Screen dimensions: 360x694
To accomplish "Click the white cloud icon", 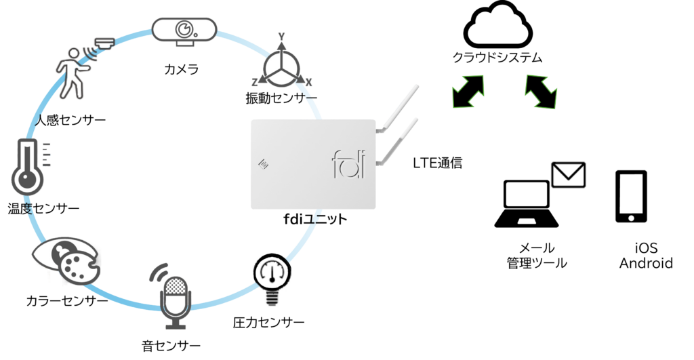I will click(x=497, y=26).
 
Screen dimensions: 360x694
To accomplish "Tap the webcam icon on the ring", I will click(x=184, y=30).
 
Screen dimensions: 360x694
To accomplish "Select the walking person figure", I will click(x=71, y=73).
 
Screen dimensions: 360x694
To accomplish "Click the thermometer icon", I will click(x=28, y=167).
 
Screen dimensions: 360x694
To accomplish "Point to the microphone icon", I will click(x=176, y=298).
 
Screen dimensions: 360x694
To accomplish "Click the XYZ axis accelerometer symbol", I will click(x=281, y=66).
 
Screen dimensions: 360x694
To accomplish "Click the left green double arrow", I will click(x=468, y=91).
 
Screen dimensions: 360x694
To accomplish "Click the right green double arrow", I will click(x=541, y=91).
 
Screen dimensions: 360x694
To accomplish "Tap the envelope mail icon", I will click(x=568, y=175).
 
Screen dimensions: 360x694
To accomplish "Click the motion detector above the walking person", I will click(x=104, y=44).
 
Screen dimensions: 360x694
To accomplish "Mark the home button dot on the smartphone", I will click(x=631, y=218).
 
